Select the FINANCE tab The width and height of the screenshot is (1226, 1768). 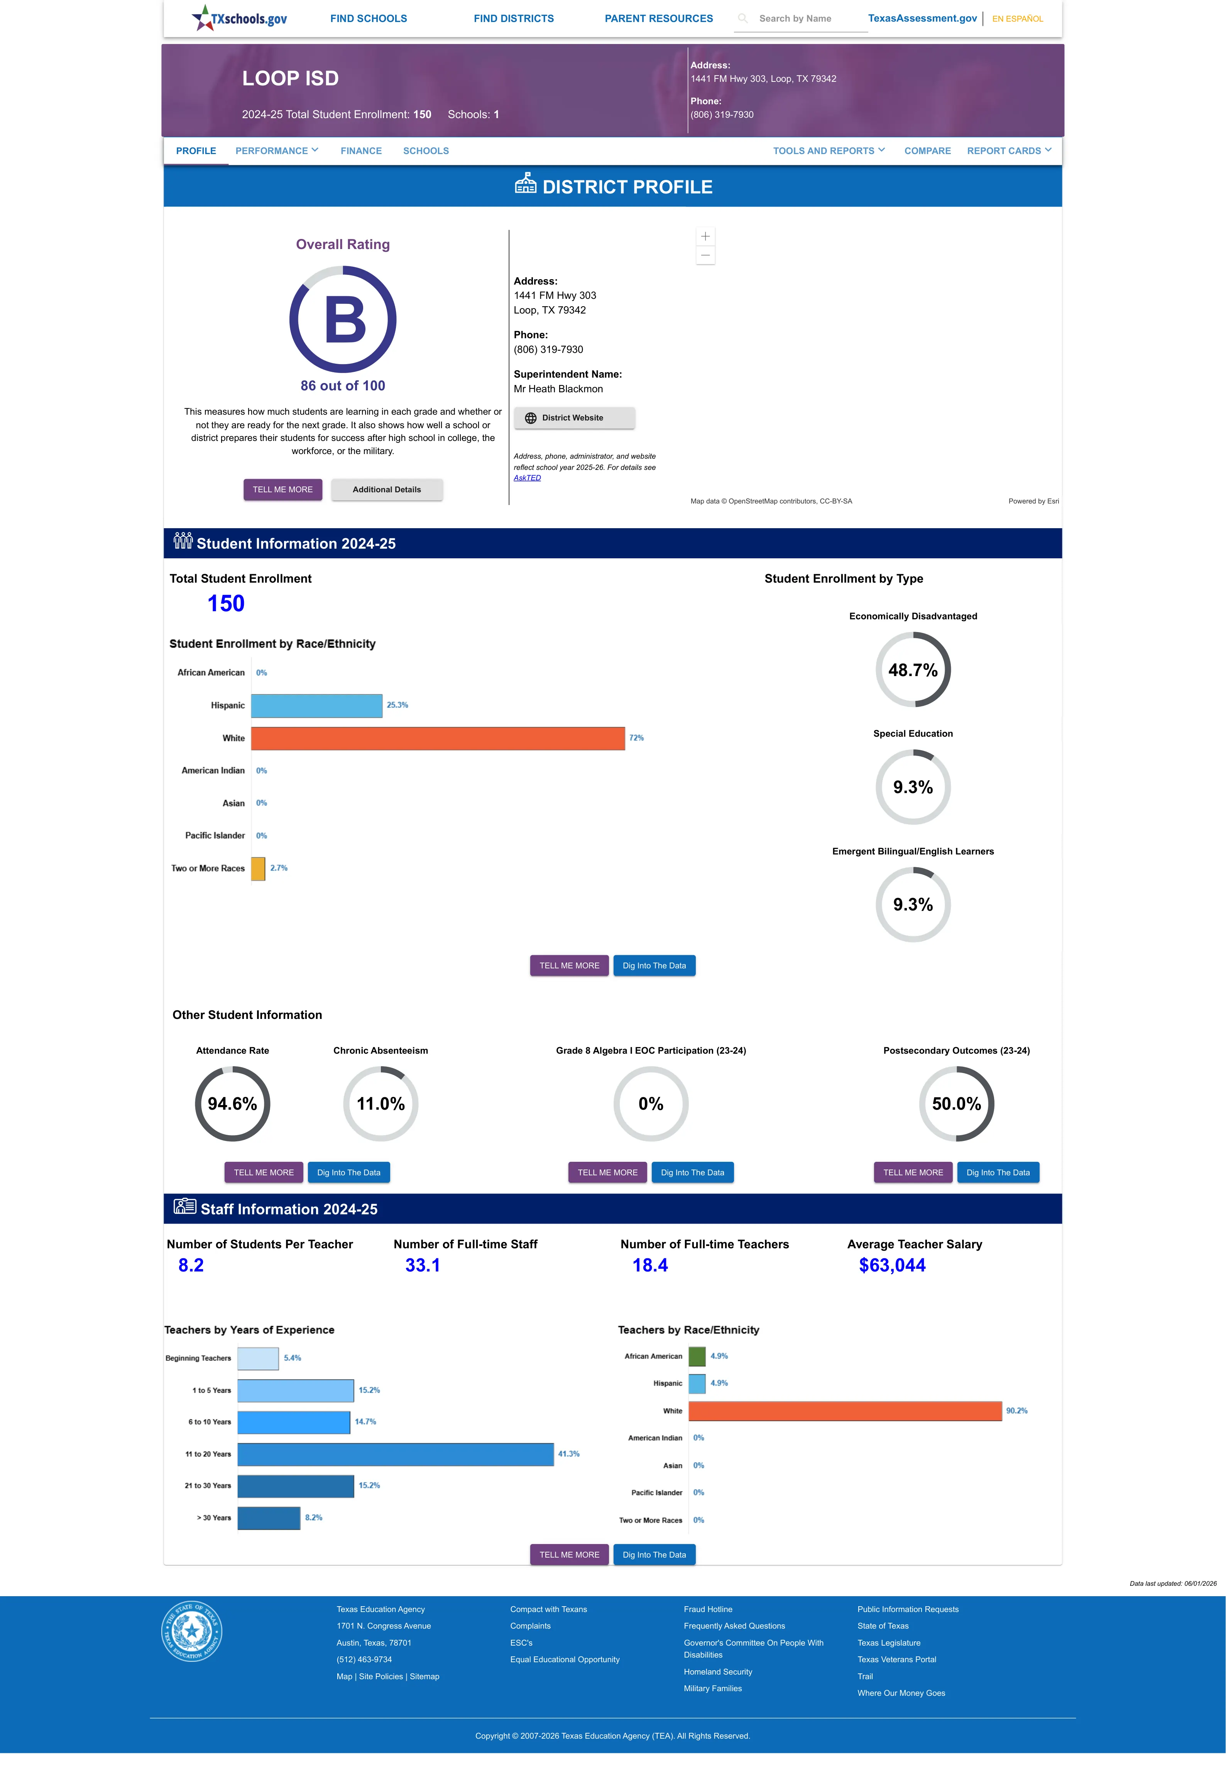[x=361, y=151]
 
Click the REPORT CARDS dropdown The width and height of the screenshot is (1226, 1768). [x=1009, y=151]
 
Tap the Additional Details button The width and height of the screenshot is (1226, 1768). [x=386, y=490]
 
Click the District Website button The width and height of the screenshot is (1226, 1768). [x=574, y=418]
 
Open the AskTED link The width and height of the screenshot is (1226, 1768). [x=527, y=478]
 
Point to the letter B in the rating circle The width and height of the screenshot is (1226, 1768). [x=345, y=320]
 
